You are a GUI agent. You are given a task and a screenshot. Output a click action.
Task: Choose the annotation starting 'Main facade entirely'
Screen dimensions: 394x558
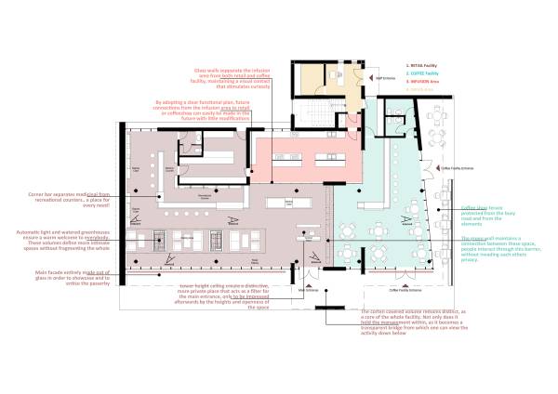pyautogui.click(x=59, y=276)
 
